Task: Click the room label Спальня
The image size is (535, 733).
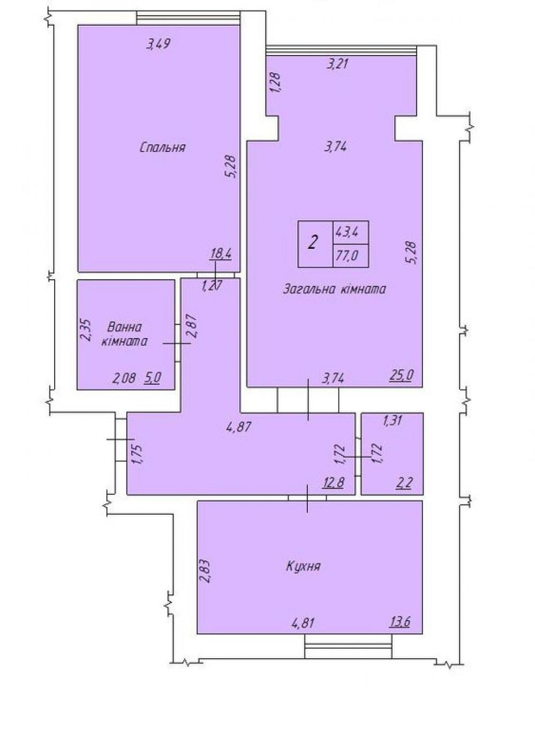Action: click(x=162, y=147)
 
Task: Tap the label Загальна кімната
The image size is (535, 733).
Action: click(x=334, y=289)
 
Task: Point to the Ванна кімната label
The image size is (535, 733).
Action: click(x=124, y=334)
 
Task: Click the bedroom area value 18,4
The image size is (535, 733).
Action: click(x=222, y=254)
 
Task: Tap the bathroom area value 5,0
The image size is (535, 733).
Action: click(x=152, y=378)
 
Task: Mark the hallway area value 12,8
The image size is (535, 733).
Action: click(x=334, y=483)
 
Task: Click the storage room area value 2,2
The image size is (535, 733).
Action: click(x=405, y=483)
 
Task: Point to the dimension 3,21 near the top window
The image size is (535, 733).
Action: click(x=336, y=64)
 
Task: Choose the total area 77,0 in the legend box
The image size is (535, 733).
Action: click(x=347, y=256)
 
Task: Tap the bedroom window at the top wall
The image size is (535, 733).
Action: click(x=188, y=18)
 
